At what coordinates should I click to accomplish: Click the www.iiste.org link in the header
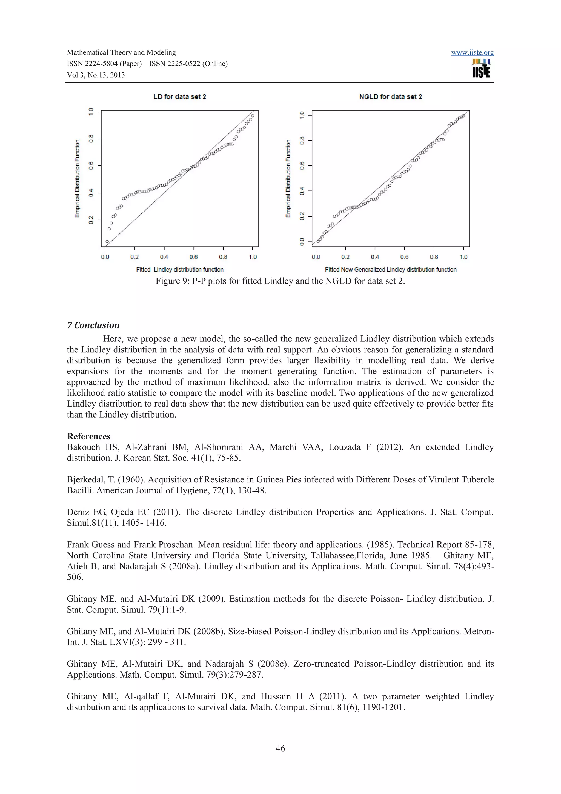[472, 53]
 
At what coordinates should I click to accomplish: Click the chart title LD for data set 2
[179, 97]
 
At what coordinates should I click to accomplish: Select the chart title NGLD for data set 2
[390, 97]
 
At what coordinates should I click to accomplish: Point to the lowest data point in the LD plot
[107, 241]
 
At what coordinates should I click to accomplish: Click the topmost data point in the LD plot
[253, 116]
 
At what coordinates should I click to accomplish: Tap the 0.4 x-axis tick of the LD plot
[164, 257]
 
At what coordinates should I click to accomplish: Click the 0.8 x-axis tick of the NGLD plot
[434, 257]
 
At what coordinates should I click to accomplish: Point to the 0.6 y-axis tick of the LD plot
[91, 166]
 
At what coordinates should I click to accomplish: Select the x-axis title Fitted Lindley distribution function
[180, 269]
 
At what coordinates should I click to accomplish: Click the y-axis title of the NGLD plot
[288, 178]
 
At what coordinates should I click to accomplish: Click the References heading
[88, 436]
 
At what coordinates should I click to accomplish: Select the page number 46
[280, 748]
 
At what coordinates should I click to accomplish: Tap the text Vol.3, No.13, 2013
[96, 75]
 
